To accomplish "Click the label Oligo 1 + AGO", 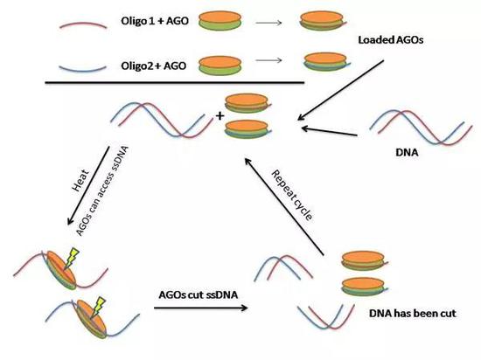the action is [155, 21].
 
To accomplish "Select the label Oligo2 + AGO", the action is [153, 66].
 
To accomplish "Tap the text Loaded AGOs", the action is [391, 40].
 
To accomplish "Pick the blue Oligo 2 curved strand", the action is [82, 70].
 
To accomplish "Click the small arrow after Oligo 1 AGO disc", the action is [268, 23].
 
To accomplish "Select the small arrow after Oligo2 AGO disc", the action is [268, 60].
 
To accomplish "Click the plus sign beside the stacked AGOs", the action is [220, 116].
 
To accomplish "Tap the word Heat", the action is [80, 181].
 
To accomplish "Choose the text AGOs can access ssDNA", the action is [102, 191].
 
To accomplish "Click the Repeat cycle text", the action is [292, 195].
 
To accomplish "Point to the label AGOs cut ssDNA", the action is [199, 294].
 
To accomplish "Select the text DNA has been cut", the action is [413, 314].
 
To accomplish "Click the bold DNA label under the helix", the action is [407, 152].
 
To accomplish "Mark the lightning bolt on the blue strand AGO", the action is [98, 307].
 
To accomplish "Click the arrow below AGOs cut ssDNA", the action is [200, 308].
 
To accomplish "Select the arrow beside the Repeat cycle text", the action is [284, 206].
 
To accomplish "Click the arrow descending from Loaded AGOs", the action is [340, 90].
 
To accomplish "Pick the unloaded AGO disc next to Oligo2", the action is [220, 66].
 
